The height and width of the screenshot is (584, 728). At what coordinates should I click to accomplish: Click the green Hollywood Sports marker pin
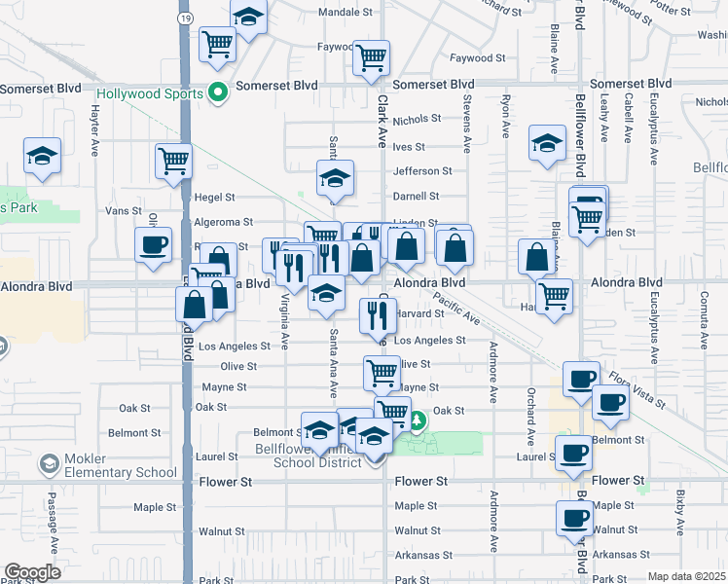(218, 94)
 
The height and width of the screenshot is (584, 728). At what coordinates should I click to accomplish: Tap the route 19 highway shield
(185, 18)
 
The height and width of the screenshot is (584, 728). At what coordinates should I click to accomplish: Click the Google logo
(32, 572)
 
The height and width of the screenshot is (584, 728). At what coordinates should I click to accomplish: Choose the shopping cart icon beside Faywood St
(371, 57)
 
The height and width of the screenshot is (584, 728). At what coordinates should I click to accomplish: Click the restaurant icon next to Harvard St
(376, 313)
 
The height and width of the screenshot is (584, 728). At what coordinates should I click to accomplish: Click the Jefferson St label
(422, 170)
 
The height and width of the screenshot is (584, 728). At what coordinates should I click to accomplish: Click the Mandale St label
(346, 14)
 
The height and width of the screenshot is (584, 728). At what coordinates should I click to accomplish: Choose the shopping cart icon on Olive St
(382, 371)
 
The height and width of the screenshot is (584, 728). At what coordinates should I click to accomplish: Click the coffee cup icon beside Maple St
(574, 516)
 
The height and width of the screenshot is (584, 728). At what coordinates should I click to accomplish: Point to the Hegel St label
(214, 197)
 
